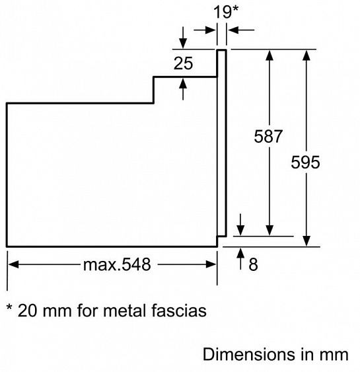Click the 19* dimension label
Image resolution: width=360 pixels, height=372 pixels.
pos(225,12)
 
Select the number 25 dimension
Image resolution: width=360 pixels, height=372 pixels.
pos(183,63)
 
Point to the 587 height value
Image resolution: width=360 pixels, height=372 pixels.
pos(268,136)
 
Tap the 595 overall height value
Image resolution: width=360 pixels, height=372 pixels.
pos(305,163)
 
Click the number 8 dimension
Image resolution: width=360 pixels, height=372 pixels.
pos(253,264)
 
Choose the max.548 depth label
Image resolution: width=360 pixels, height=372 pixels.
pos(117,264)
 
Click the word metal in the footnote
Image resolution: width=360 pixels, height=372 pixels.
pos(125,311)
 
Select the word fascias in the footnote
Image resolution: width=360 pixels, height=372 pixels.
pos(179,311)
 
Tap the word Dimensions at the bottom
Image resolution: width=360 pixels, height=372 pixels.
pos(250,354)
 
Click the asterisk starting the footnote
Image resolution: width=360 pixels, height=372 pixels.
pos(9,307)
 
